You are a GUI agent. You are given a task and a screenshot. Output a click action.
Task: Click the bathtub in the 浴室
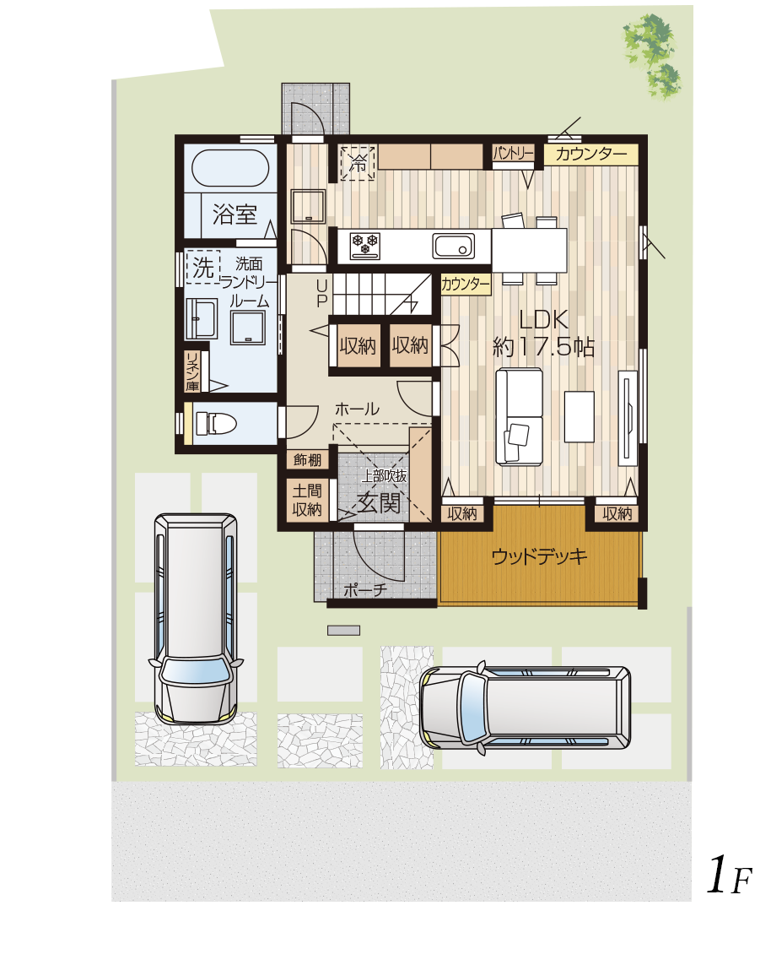230,168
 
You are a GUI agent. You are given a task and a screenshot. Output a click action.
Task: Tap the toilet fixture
216,423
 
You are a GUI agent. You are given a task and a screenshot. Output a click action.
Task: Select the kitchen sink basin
454,246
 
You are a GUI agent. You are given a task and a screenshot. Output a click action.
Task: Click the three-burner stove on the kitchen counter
365,245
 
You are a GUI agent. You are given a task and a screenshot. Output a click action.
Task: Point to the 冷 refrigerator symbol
358,163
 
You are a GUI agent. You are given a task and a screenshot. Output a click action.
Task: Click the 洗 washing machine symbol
203,267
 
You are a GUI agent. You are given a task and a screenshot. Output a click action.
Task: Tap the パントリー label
514,153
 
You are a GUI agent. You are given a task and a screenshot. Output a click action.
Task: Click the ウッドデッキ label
539,556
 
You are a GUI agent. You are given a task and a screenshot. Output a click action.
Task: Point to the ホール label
357,409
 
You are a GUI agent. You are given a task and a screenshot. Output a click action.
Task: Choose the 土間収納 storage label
307,500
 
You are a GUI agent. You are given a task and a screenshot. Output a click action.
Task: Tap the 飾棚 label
307,460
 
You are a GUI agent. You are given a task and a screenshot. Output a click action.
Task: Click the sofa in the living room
519,415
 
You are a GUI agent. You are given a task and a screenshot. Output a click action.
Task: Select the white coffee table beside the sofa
580,416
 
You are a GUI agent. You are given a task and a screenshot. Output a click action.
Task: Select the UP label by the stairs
321,293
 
